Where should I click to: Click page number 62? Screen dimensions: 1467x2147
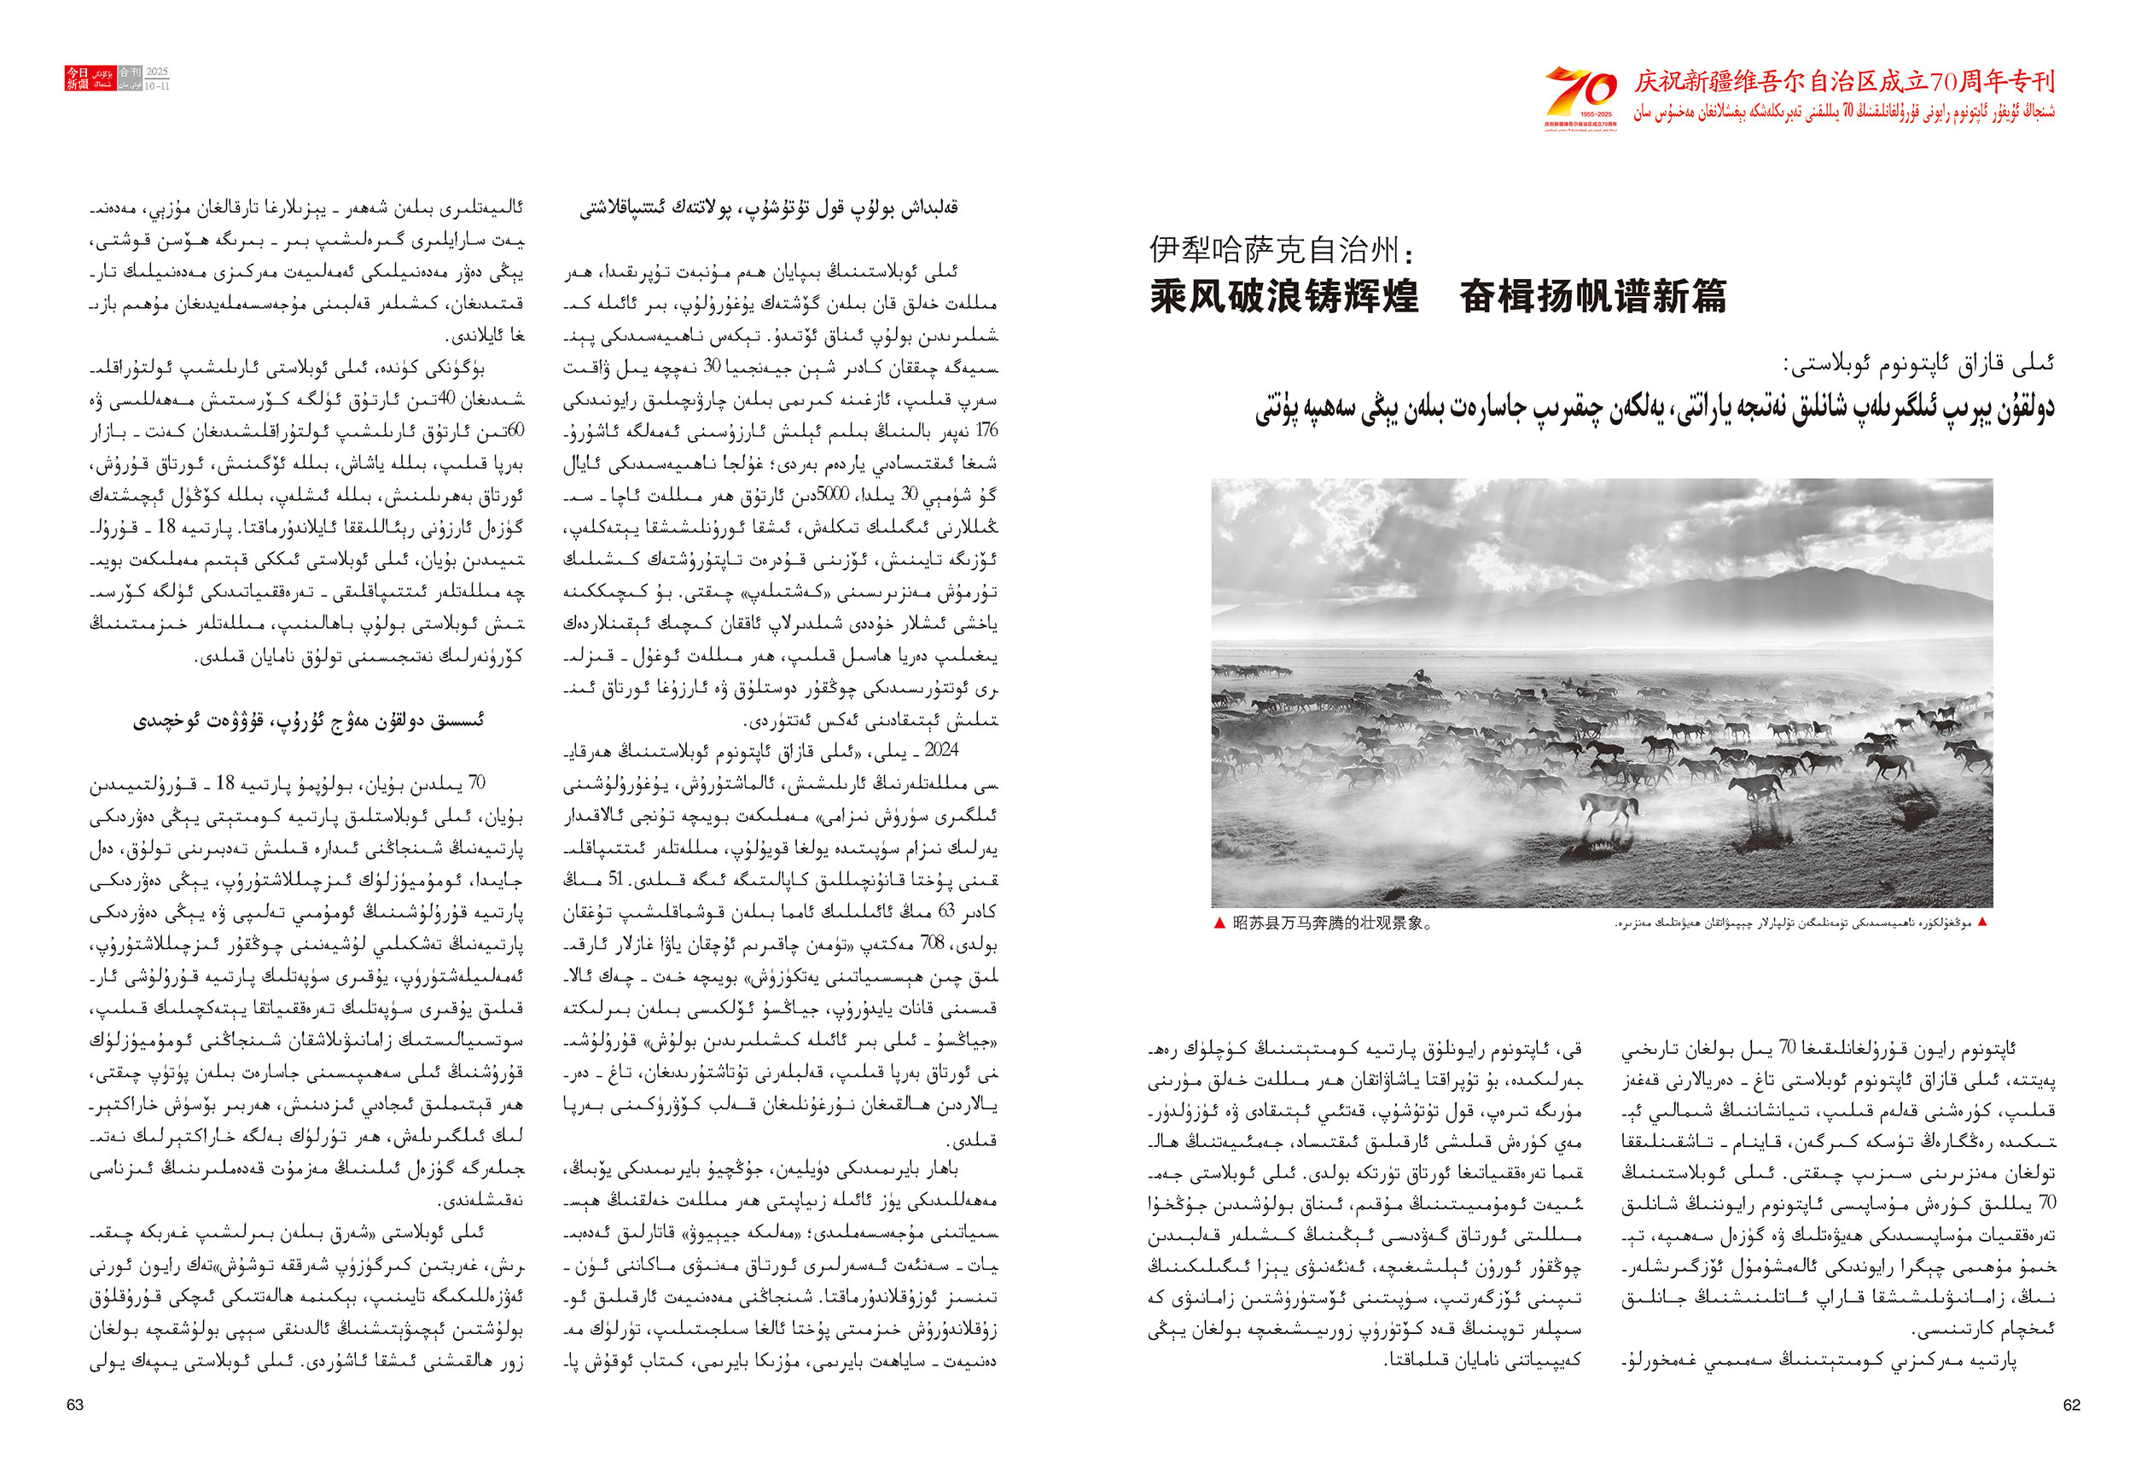(2071, 1404)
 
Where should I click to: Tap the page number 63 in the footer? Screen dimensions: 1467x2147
(75, 1404)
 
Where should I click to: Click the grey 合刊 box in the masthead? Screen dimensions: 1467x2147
(130, 72)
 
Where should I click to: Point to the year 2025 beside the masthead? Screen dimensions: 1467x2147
(157, 72)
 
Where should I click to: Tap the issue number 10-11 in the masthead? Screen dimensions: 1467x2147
(157, 85)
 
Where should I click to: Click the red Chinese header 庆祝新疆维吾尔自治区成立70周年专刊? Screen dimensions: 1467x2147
(1844, 82)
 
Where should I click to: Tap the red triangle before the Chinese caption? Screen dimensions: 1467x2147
(1219, 923)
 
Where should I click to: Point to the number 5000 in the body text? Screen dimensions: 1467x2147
(831, 495)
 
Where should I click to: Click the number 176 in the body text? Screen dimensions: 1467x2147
(986, 430)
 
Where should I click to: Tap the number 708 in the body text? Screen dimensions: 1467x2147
(932, 943)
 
